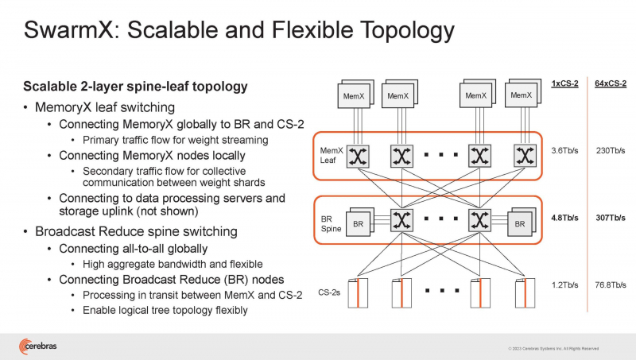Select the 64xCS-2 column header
pyautogui.click(x=609, y=83)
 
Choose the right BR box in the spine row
pyautogui.click(x=520, y=224)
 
